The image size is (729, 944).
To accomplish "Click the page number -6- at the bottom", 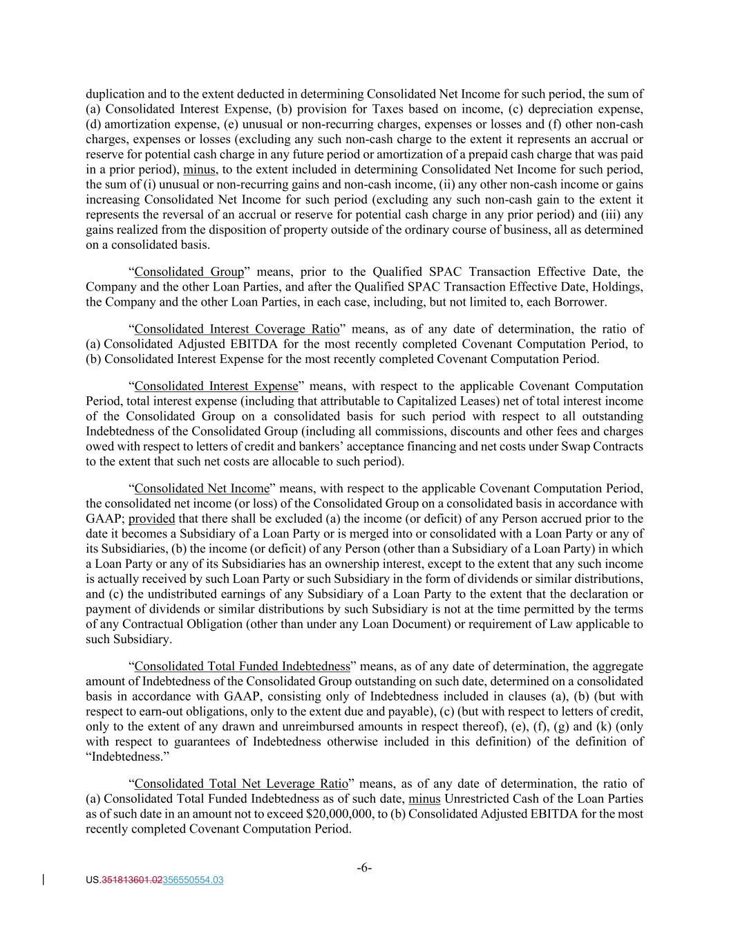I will [364, 867].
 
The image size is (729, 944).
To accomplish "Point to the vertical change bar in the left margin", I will [45, 880].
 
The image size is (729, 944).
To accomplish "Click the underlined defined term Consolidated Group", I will [189, 272].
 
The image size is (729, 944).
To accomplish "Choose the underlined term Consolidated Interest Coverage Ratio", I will [236, 329].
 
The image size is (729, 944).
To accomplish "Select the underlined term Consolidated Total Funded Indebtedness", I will [243, 666].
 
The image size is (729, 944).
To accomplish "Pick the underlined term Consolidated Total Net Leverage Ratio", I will [240, 784].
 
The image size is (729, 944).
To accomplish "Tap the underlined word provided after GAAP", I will [152, 519].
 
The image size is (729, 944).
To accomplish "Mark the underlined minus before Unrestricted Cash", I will [424, 799].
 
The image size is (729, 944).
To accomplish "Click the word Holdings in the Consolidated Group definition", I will [619, 287].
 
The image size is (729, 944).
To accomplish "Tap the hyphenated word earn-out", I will [158, 712].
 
